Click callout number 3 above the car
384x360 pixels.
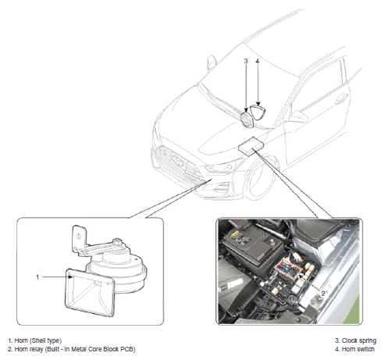[246, 61]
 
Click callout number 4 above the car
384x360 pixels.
[258, 61]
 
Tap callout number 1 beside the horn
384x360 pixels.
[37, 277]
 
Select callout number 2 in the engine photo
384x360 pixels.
[323, 294]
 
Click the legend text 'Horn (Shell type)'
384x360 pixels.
[38, 340]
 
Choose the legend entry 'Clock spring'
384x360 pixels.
[359, 340]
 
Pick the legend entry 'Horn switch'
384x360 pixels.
[357, 349]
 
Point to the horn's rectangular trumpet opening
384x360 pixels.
[90, 293]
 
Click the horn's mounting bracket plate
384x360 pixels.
[79, 238]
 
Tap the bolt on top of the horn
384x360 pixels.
[118, 241]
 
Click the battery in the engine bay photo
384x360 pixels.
[252, 244]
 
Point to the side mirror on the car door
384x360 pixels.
[299, 116]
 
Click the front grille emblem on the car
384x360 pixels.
[177, 159]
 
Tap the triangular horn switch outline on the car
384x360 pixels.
[258, 112]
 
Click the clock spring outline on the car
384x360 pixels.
[246, 120]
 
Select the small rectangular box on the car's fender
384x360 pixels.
[251, 146]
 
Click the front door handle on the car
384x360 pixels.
[341, 100]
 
